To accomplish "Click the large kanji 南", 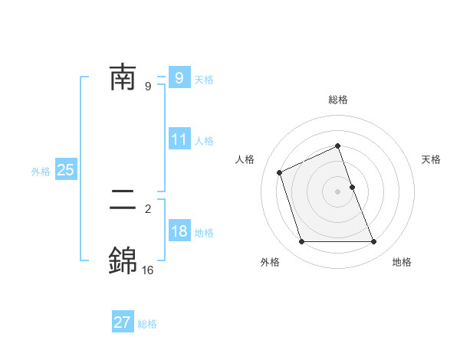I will [123, 77].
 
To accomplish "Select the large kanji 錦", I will [123, 261].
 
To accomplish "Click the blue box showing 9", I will [179, 78].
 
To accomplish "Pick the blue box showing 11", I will [179, 140].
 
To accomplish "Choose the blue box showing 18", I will [179, 232].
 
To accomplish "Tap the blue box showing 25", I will [66, 171].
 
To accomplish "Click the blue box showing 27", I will [123, 322].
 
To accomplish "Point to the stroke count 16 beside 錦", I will [147, 270].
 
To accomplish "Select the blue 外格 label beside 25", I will [41, 172].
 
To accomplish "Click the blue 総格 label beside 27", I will [147, 324].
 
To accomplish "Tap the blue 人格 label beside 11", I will [204, 141].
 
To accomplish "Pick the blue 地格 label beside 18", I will [204, 233].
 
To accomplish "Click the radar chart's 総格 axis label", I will [338, 100].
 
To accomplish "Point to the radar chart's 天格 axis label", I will [432, 159].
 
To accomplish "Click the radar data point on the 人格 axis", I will [280, 172].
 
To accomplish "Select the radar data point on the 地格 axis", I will [374, 242].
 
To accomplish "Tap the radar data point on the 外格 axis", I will [301, 242].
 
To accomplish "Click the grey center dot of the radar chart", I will [338, 191].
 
